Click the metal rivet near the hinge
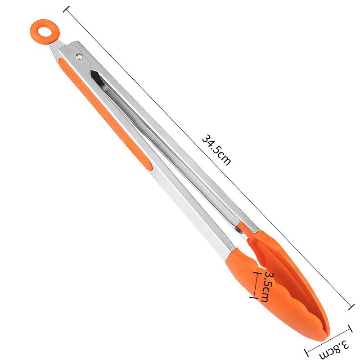click(79, 56)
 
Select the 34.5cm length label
click(216, 149)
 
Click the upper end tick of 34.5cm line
click(66, 9)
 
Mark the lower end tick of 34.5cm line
click(351, 307)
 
